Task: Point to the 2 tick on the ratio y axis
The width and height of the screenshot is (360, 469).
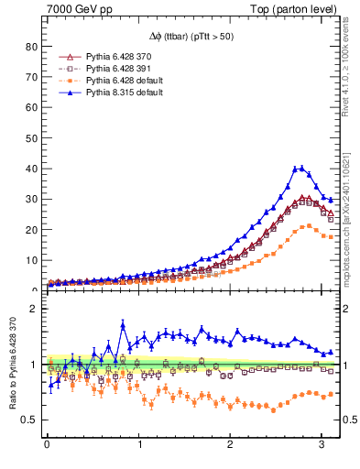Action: click(34, 309)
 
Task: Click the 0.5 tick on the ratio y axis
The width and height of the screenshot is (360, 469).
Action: click(30, 420)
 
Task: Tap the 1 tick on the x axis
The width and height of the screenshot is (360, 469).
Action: click(139, 446)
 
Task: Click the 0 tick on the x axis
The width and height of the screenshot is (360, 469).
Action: click(48, 446)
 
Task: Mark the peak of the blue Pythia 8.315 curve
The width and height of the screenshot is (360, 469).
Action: click(300, 168)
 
